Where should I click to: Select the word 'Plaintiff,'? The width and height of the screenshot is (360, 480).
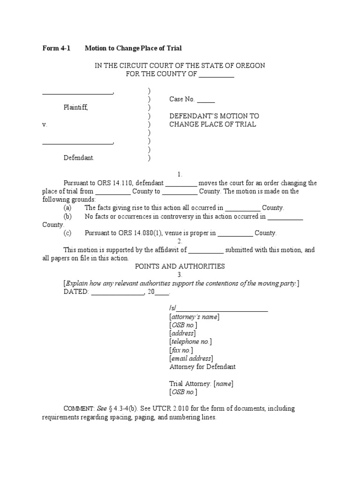pyautogui.click(x=75, y=107)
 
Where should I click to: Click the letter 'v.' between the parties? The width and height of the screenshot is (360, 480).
pyautogui.click(x=45, y=125)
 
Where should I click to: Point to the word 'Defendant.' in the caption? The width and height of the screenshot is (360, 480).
pyautogui.click(x=79, y=158)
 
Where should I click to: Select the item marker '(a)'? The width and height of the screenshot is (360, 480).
pyautogui.click(x=68, y=208)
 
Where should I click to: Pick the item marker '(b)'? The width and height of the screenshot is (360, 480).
pyautogui.click(x=68, y=217)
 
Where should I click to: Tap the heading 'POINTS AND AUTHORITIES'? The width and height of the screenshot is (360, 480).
pyautogui.click(x=180, y=266)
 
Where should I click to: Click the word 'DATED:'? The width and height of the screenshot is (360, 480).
pyautogui.click(x=76, y=292)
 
